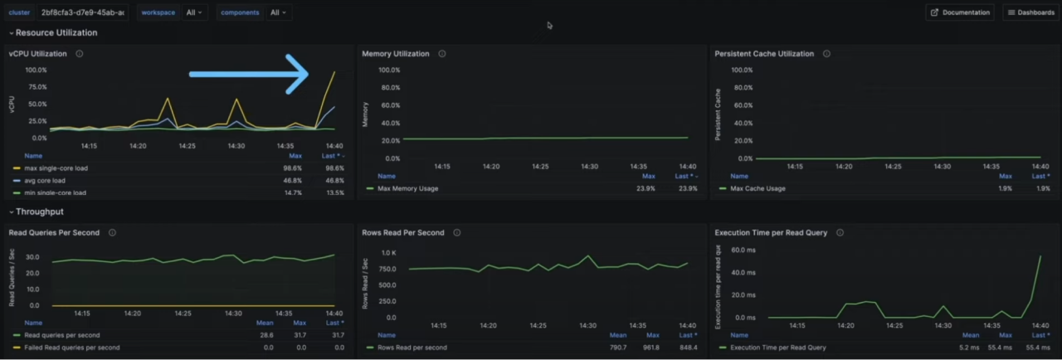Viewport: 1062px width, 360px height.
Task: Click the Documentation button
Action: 960,12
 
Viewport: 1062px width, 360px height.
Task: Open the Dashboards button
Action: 1031,12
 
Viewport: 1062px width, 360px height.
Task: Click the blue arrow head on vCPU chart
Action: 298,74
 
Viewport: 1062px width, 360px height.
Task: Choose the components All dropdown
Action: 277,12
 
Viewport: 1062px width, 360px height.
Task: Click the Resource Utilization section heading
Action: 56,33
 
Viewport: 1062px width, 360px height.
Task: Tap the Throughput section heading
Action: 39,212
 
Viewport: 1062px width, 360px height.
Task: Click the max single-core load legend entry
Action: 56,168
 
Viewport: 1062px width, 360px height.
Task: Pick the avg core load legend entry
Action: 45,180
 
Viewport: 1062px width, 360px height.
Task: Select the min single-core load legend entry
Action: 55,192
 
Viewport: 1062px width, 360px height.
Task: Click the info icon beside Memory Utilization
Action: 442,54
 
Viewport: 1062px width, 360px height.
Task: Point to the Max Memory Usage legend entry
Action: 407,188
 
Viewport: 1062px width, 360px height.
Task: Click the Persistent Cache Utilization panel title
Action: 764,54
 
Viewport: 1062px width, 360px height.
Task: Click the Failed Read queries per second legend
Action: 72,348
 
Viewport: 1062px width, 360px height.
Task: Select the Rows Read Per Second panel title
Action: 403,233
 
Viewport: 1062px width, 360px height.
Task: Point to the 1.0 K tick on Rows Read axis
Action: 389,253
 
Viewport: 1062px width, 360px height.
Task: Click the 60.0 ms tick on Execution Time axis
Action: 743,249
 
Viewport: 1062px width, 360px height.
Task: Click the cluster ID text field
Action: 83,12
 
